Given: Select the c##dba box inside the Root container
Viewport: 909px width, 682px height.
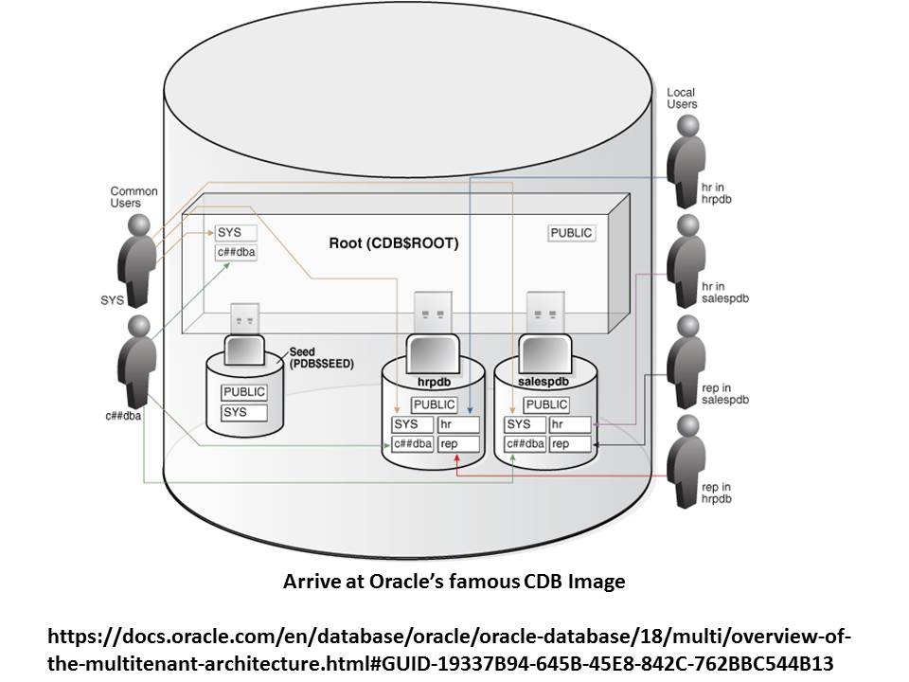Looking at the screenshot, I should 236,252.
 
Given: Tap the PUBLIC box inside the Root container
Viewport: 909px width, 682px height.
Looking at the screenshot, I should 572,232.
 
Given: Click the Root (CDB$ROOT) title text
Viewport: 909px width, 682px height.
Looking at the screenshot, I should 393,243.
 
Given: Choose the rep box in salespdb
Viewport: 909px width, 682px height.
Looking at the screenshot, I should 571,443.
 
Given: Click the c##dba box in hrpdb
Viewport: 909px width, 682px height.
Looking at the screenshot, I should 413,443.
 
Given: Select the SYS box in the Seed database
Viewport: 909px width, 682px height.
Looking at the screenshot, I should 244,413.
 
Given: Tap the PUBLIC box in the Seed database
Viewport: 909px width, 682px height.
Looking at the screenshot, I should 244,392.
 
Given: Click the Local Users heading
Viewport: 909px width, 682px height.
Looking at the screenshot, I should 682,98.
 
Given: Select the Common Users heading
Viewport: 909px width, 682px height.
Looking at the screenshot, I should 134,197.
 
